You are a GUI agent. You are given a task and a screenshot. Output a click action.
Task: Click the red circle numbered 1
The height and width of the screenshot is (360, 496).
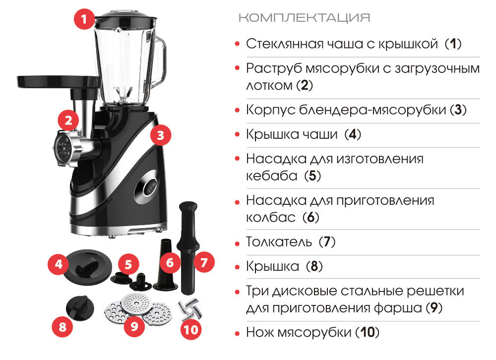(x=84, y=19)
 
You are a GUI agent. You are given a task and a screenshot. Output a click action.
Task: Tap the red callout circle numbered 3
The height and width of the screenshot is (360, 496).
(x=160, y=135)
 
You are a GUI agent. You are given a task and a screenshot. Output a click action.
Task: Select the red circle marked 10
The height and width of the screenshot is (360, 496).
(x=191, y=330)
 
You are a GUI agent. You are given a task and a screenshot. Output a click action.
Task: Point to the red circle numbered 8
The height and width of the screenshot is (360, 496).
(x=62, y=326)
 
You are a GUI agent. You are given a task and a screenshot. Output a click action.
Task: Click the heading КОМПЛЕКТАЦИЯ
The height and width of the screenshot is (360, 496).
(x=305, y=18)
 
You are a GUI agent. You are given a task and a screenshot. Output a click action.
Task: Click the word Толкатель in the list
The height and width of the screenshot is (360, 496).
(x=279, y=241)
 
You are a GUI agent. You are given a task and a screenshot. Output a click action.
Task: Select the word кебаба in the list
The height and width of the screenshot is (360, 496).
(x=272, y=176)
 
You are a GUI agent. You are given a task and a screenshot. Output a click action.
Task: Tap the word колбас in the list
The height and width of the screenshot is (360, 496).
(x=271, y=217)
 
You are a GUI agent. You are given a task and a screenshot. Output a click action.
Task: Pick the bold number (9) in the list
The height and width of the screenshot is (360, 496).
(x=434, y=307)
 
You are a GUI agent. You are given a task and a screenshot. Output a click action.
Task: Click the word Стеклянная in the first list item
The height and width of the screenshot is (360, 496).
(x=284, y=44)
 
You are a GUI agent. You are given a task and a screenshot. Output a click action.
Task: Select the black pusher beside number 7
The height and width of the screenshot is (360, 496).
(x=188, y=247)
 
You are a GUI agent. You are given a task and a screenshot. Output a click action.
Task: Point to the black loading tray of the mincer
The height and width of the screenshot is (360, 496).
(x=59, y=81)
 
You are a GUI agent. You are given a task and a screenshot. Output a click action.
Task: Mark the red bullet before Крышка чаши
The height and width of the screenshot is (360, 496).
(x=237, y=134)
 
